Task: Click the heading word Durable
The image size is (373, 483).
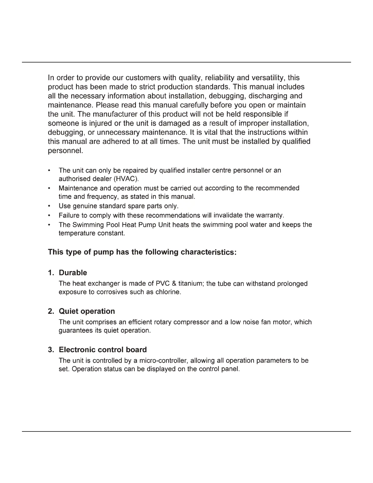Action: [73, 273]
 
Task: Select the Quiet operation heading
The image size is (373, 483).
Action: [87, 311]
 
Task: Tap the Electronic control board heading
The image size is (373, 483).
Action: [103, 349]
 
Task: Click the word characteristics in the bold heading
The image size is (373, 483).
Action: [208, 252]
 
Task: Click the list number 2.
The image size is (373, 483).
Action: [51, 311]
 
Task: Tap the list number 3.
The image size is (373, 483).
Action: [51, 349]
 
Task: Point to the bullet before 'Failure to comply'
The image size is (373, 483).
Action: [49, 215]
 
